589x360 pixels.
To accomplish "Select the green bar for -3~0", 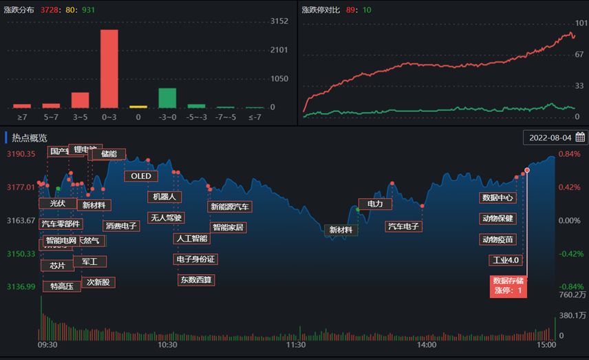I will [167, 98].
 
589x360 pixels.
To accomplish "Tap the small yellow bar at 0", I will [138, 107].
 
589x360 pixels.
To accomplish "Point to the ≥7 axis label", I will [22, 117].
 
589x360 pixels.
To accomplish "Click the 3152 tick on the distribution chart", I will [279, 21].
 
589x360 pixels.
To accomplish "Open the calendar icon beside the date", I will [580, 137].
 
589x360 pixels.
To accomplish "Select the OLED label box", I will [140, 176].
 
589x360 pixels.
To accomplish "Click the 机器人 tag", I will [164, 197].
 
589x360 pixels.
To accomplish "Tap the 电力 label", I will [375, 204].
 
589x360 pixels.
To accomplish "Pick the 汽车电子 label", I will [403, 226].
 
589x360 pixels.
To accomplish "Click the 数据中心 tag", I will [497, 198].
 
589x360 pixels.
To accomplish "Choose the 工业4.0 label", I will [505, 260].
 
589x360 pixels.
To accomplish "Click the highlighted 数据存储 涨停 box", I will [508, 286].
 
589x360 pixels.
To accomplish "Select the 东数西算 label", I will [196, 279].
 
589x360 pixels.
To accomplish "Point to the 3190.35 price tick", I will [21, 153].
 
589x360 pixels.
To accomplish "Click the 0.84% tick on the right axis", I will [569, 153].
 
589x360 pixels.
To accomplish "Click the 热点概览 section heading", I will [30, 137].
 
